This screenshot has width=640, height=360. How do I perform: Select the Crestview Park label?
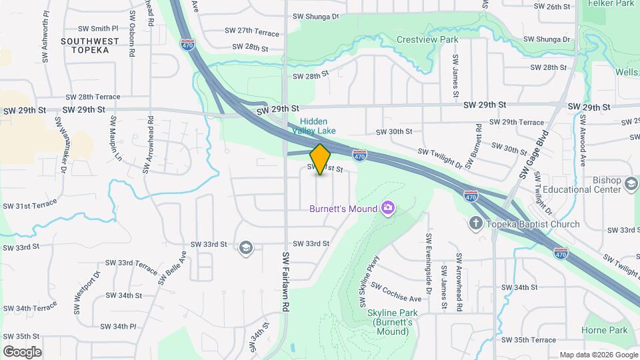click(427, 40)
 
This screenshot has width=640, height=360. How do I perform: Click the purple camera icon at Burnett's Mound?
click(387, 209)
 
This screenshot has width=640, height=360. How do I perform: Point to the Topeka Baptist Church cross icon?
click(476, 224)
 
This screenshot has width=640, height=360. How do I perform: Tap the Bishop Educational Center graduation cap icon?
click(632, 185)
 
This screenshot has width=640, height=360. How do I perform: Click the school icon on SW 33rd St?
click(245, 248)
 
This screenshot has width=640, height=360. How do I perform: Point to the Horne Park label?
click(604, 330)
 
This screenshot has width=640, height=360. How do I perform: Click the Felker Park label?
click(611, 4)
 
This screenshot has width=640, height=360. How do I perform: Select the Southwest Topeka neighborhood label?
click(89, 45)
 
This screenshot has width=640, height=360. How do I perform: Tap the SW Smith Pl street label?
click(98, 29)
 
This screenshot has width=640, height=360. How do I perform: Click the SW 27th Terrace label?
click(252, 31)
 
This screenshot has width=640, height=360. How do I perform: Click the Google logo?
click(22, 351)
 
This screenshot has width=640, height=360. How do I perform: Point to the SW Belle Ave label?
click(172, 268)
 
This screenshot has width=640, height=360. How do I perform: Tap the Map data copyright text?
click(598, 355)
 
